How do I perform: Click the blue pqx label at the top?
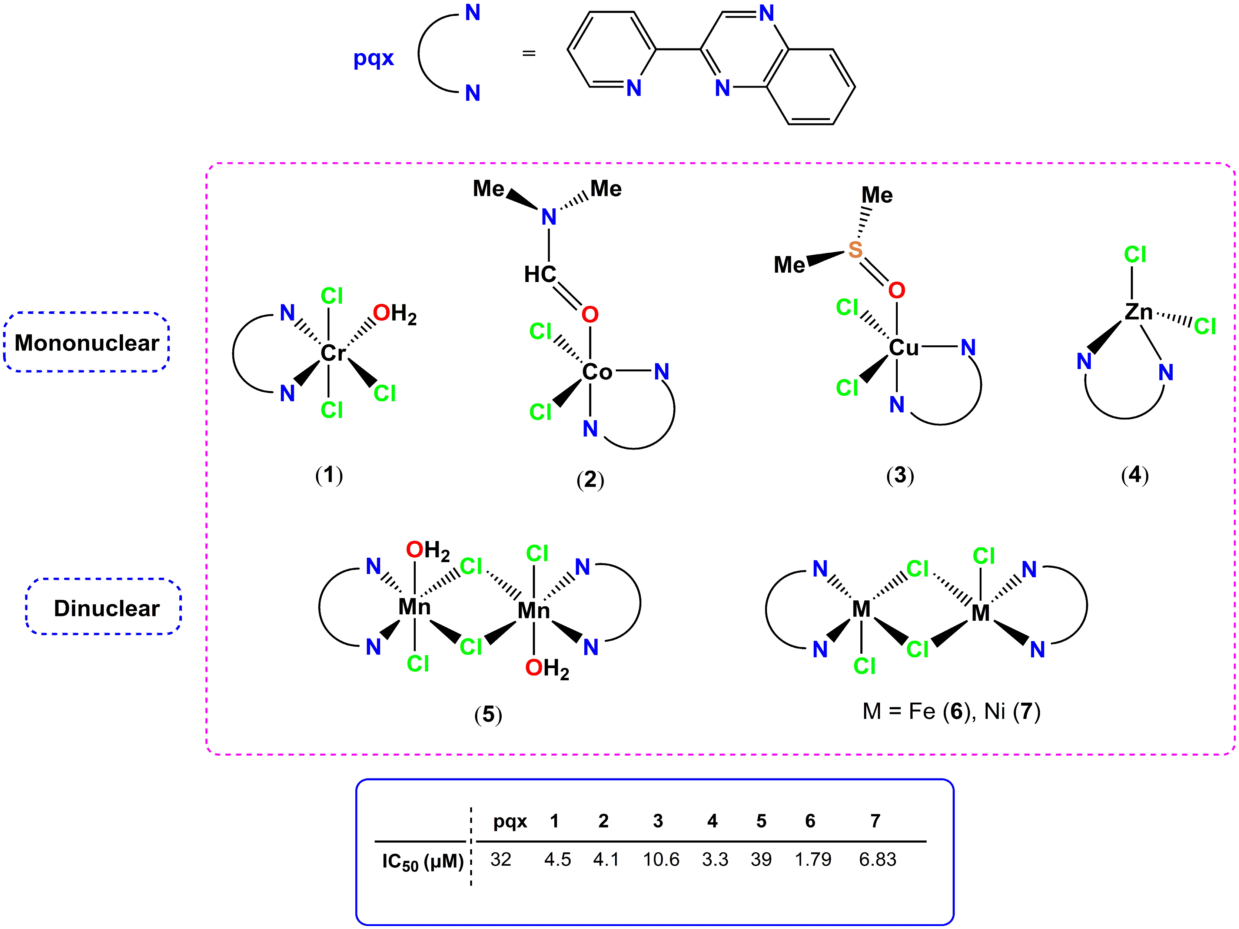[x=373, y=58]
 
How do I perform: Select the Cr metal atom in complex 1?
[x=333, y=353]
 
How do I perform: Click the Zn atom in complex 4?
[x=1138, y=312]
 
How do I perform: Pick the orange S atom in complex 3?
[x=855, y=250]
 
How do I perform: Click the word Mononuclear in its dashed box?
[x=87, y=343]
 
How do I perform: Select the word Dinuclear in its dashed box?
[x=106, y=608]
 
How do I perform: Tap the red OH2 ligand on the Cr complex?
[x=394, y=314]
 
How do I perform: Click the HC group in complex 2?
[x=540, y=275]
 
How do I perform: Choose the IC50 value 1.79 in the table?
[x=813, y=859]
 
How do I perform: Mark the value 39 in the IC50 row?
[x=761, y=859]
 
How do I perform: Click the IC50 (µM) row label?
[x=423, y=861]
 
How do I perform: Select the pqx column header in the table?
[x=510, y=822]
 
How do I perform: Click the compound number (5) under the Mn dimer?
[x=488, y=714]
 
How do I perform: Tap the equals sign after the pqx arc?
[x=529, y=54]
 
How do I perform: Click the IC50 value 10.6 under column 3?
[x=661, y=859]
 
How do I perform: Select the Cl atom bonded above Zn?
[x=1135, y=255]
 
